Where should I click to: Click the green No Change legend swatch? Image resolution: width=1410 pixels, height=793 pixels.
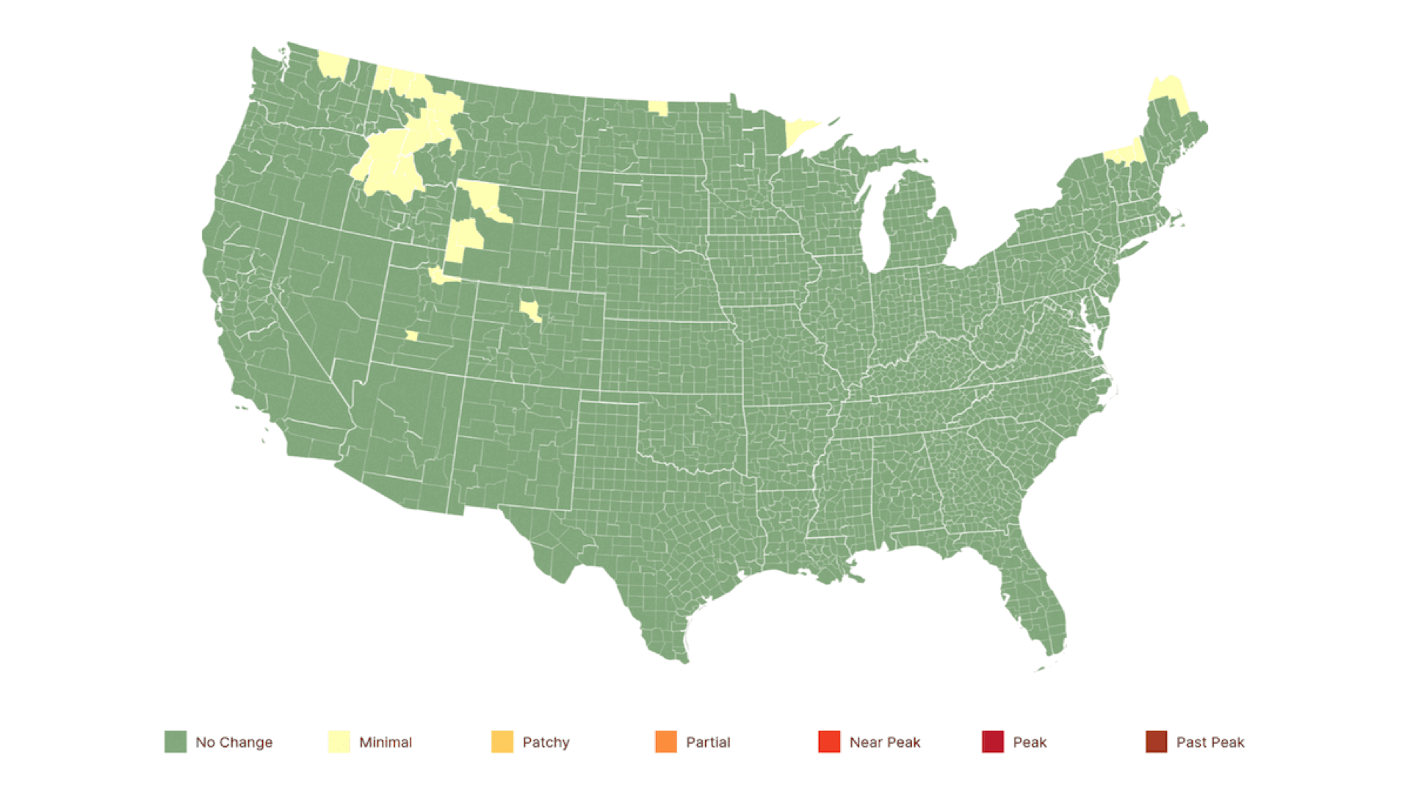point(176,742)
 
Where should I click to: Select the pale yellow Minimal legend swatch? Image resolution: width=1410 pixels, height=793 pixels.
point(339,742)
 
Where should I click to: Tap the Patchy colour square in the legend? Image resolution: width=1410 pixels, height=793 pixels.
point(502,742)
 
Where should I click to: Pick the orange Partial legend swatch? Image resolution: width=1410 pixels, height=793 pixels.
point(666,742)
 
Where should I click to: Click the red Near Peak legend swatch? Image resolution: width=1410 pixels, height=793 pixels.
point(829,742)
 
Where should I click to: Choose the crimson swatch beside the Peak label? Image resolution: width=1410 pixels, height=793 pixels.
point(993,742)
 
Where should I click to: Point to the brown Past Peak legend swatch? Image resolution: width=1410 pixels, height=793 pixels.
point(1156,742)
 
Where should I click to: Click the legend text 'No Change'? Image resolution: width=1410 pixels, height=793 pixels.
point(234,742)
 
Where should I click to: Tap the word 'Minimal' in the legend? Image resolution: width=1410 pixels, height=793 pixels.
point(386,742)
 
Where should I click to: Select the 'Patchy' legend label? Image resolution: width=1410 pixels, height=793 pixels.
point(546,742)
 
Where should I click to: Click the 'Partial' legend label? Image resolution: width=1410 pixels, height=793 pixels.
point(708,742)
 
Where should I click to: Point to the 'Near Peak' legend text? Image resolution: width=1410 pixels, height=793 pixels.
point(884,742)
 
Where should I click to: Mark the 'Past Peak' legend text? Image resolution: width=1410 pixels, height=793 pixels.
point(1210,742)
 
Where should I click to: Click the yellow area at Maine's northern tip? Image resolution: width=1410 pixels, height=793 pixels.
point(1168,94)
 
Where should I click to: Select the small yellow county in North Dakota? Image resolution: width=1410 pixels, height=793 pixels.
point(658,108)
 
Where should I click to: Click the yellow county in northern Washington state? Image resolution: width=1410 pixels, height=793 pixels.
point(333,65)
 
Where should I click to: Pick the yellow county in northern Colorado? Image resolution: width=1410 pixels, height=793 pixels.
point(530,310)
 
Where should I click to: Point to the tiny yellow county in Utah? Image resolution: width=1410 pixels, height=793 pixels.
point(412,336)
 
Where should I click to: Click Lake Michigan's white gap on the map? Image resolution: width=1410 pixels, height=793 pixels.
point(872,220)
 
